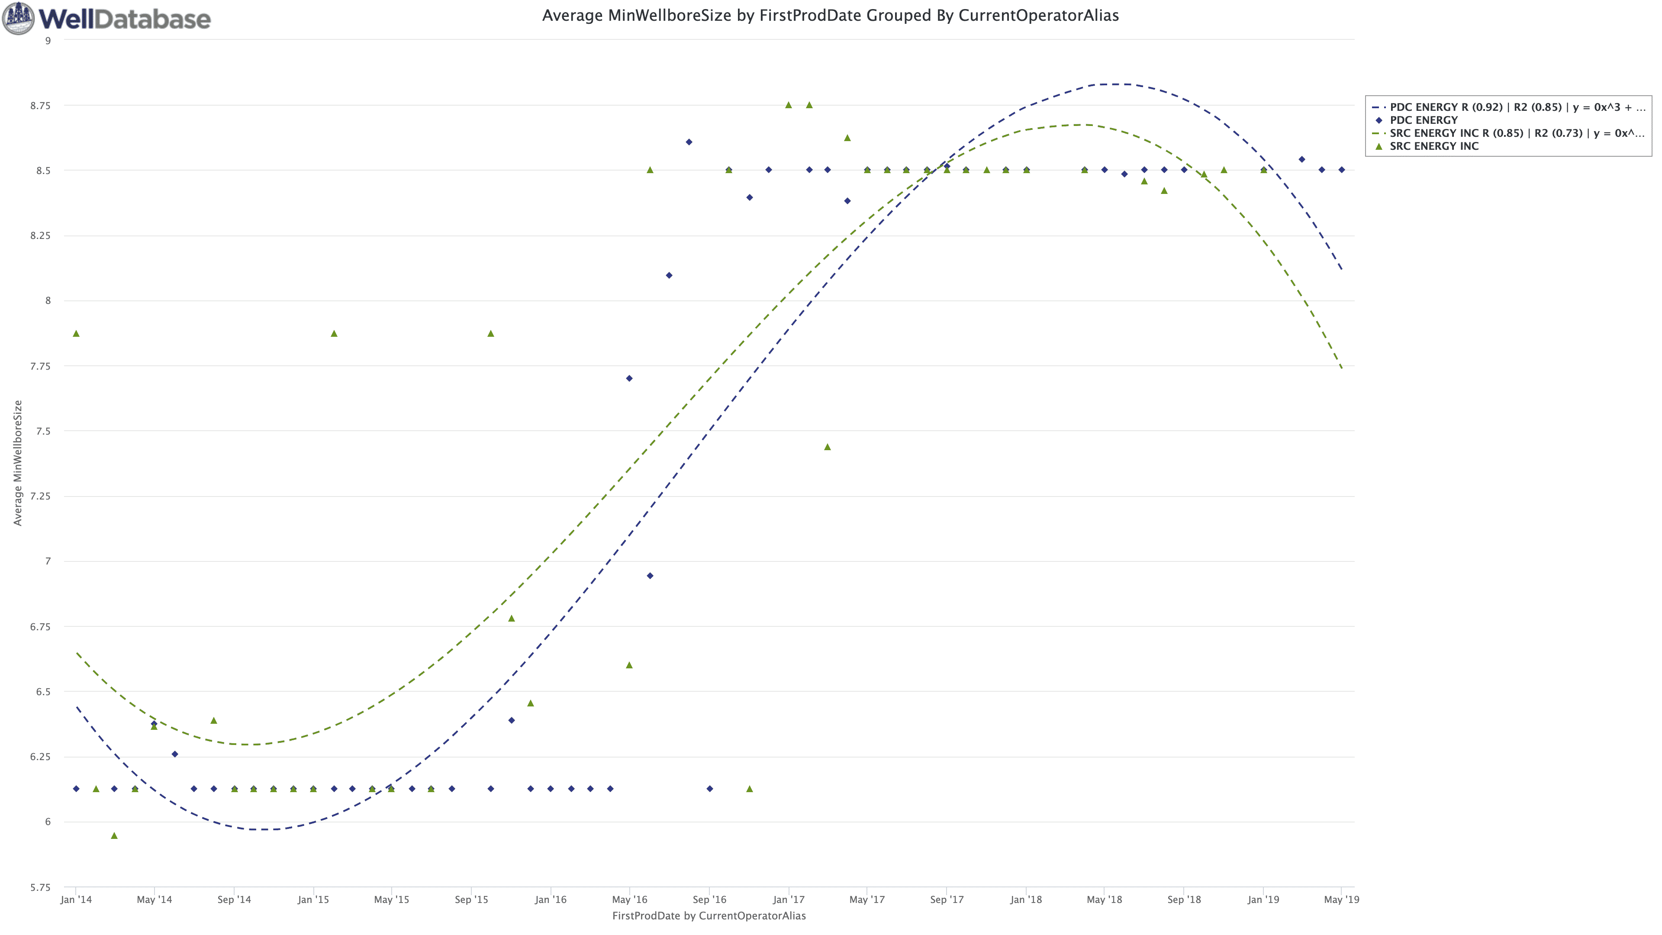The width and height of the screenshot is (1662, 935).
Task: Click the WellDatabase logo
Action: pyautogui.click(x=107, y=18)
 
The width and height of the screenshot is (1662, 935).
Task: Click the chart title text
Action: pyautogui.click(x=830, y=16)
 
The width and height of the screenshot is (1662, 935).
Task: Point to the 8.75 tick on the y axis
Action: pyautogui.click(x=40, y=106)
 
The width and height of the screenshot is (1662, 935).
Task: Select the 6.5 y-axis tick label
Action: pyautogui.click(x=42, y=692)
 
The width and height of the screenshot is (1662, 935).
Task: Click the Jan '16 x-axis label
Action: pyautogui.click(x=551, y=900)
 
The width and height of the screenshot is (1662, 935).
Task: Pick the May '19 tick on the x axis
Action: pyautogui.click(x=1341, y=900)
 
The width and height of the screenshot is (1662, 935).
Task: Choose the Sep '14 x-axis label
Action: pyautogui.click(x=234, y=900)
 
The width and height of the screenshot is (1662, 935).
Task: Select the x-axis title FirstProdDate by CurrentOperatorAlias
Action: pyautogui.click(x=709, y=916)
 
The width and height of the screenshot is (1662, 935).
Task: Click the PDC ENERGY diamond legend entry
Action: pyautogui.click(x=1423, y=120)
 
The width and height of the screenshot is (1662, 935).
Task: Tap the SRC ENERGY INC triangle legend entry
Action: pyautogui.click(x=1433, y=146)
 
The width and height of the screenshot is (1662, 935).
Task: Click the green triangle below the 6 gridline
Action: pyautogui.click(x=114, y=835)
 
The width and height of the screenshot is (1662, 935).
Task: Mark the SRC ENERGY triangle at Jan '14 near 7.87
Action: pyautogui.click(x=76, y=334)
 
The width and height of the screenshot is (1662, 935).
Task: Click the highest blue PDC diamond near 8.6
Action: pyautogui.click(x=689, y=142)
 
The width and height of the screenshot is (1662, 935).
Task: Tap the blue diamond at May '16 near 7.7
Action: pyautogui.click(x=629, y=378)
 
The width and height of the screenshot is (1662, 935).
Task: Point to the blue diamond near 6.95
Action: pyautogui.click(x=650, y=576)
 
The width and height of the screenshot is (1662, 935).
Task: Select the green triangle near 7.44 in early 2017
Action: pyautogui.click(x=827, y=447)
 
